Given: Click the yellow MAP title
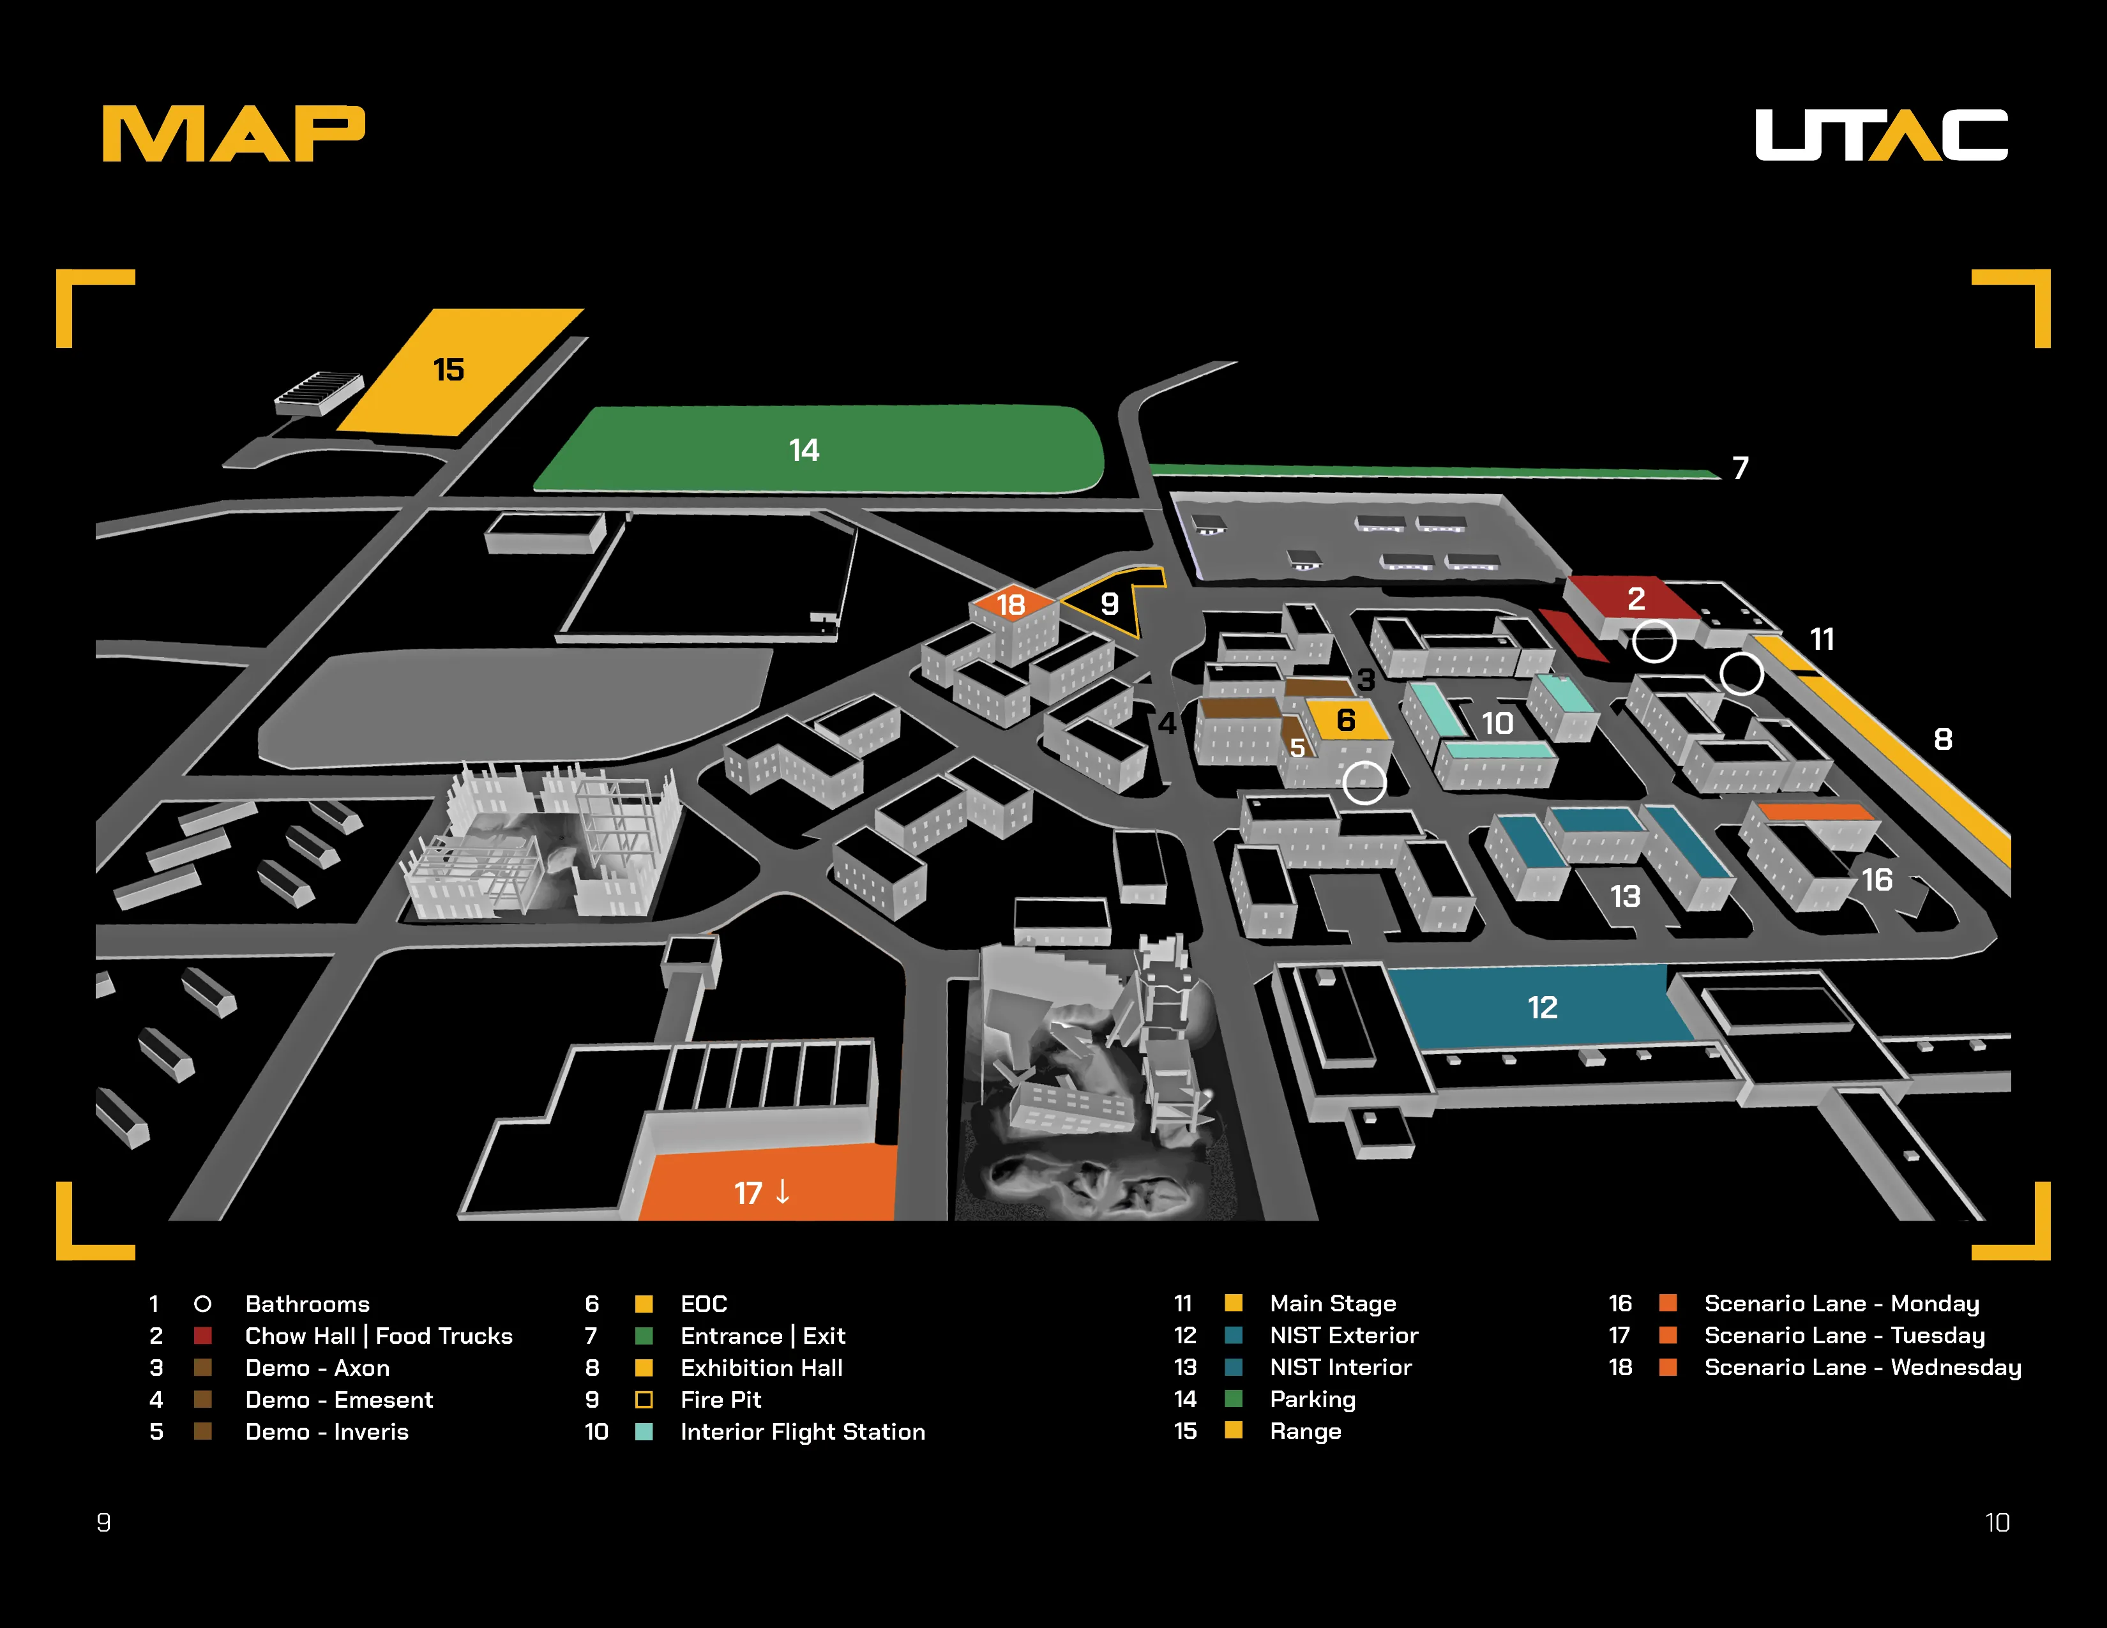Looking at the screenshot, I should click(x=234, y=134).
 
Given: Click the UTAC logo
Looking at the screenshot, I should click(x=1880, y=134).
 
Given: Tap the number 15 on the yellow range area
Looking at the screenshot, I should click(x=449, y=370).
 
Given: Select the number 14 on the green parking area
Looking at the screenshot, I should click(x=804, y=449).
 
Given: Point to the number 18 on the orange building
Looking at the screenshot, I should click(x=1010, y=605).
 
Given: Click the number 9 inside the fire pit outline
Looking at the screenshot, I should click(x=1110, y=604).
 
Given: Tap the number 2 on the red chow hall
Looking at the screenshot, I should click(x=1636, y=599).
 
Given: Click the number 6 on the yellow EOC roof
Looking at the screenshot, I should click(x=1346, y=720).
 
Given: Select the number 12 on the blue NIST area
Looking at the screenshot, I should click(x=1542, y=1008).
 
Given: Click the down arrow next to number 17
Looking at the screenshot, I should click(x=782, y=1192).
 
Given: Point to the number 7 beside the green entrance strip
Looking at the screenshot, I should click(x=1741, y=468).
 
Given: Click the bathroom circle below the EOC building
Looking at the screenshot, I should click(x=1364, y=782).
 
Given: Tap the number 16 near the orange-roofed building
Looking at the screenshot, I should click(x=1877, y=880).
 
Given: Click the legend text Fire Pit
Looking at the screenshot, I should click(x=721, y=1399).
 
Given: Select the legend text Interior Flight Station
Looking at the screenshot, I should click(x=803, y=1431).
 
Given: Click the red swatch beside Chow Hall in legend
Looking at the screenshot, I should click(x=202, y=1336).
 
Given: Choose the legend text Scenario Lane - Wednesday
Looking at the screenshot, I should click(x=1862, y=1368).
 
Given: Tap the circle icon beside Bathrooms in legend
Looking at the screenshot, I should click(x=202, y=1304).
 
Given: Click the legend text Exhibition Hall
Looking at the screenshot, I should click(x=761, y=1368).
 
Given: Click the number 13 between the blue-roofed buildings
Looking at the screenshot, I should click(x=1626, y=897).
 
